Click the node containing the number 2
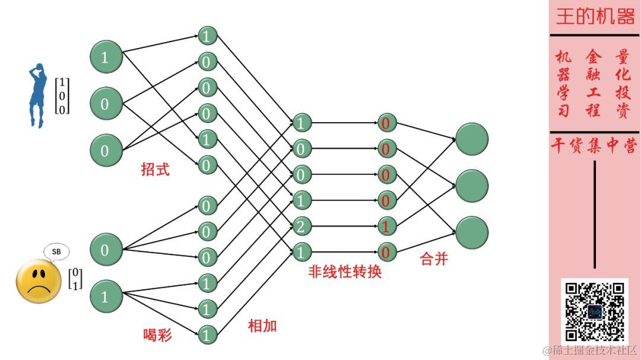(302, 226)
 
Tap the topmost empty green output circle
(472, 139)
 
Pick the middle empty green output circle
(472, 186)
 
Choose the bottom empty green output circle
(472, 232)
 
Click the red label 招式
(156, 170)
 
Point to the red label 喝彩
(158, 334)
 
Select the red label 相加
(262, 326)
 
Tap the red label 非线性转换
(345, 272)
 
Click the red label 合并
(434, 259)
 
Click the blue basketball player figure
(38, 95)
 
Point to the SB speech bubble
(56, 251)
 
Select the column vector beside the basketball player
(62, 95)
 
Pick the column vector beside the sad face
(75, 279)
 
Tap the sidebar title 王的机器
(595, 17)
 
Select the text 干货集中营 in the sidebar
(594, 146)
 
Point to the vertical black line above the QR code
(595, 214)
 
